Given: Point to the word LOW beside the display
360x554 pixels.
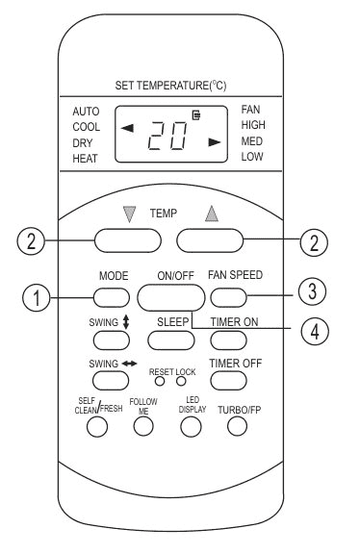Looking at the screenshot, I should (x=252, y=156).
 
